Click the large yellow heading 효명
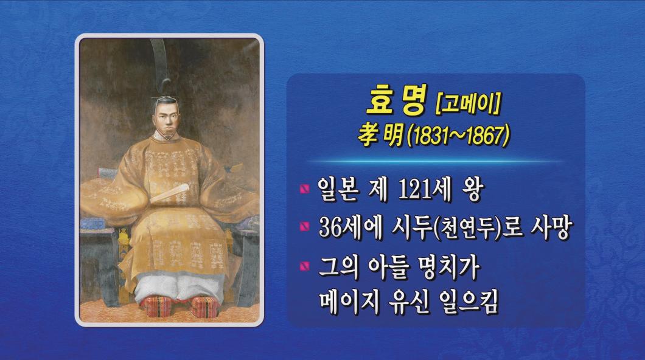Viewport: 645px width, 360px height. coord(396,100)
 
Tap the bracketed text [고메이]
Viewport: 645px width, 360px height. coord(468,103)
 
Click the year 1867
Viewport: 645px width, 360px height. coord(484,136)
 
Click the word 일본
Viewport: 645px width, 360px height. coord(337,190)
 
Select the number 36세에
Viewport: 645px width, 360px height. coord(351,227)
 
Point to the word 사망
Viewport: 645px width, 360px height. coord(549,227)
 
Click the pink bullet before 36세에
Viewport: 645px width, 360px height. coord(305,226)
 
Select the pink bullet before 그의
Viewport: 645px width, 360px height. coord(305,266)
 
